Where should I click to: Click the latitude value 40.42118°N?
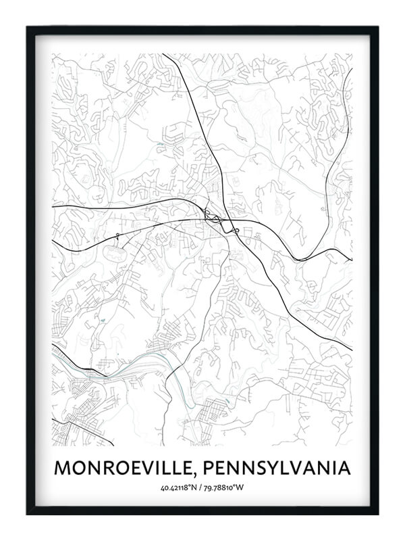pyautogui.click(x=178, y=488)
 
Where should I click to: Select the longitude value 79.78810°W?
pyautogui.click(x=226, y=488)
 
